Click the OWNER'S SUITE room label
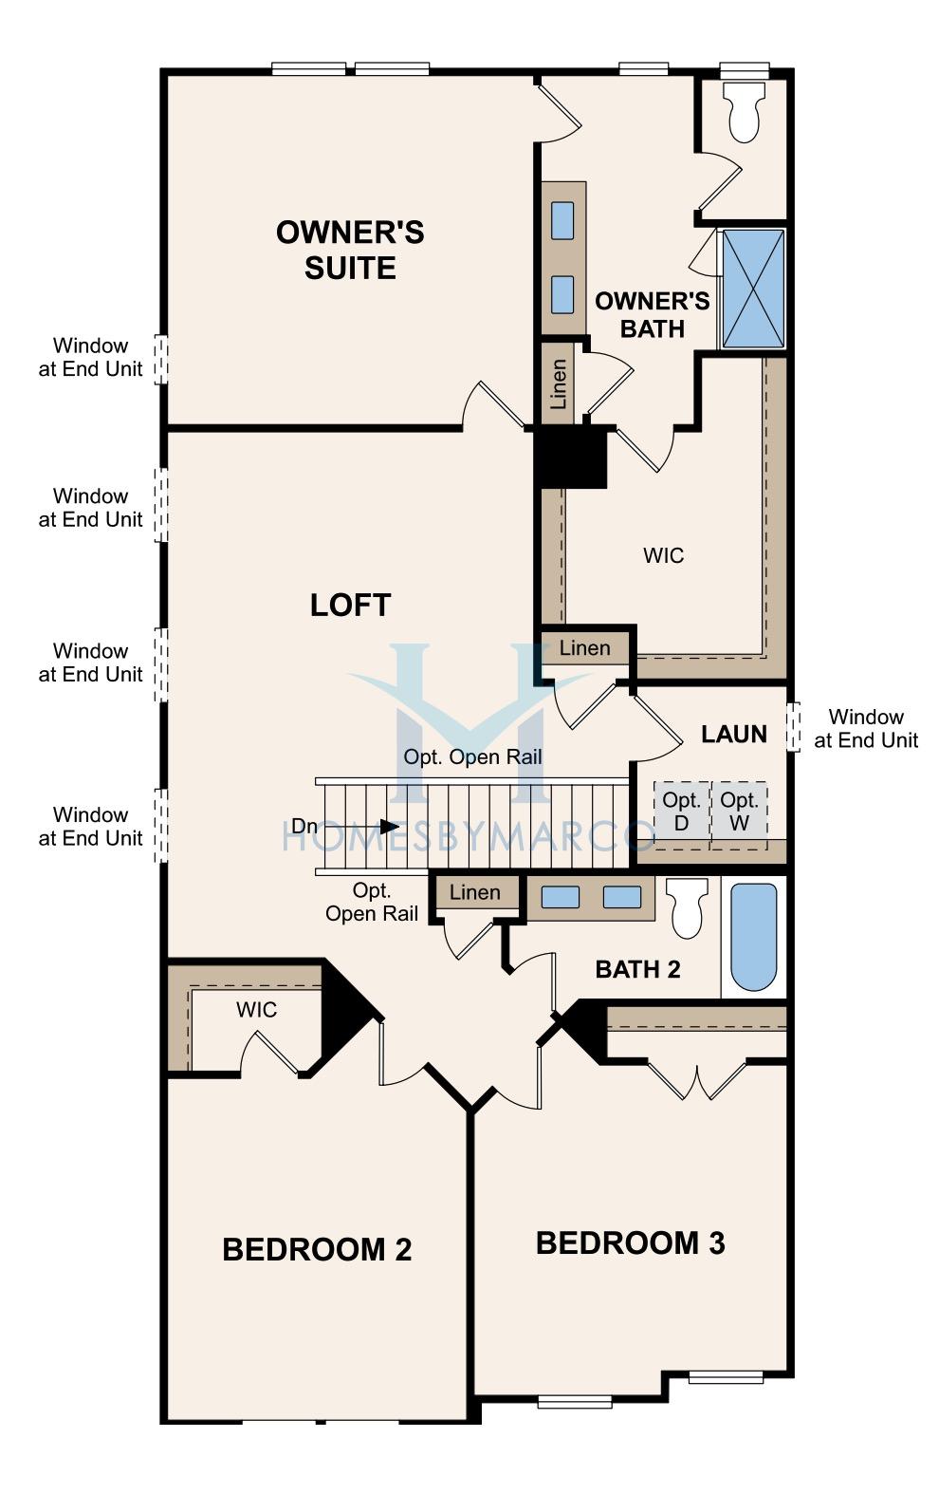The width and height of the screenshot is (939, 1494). point(350,251)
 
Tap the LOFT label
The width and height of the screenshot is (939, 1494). point(351,605)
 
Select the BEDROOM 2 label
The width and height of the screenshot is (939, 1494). point(317,1249)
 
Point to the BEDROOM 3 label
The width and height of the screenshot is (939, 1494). point(631,1242)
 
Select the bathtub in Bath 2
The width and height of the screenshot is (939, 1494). point(754,937)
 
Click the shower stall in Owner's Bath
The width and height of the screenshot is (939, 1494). point(753,289)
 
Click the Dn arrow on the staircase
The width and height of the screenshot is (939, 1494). point(384,827)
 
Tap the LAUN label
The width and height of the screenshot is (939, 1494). point(734,735)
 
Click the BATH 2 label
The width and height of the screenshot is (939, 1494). point(637,969)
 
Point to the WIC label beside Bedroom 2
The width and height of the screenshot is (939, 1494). point(256,1010)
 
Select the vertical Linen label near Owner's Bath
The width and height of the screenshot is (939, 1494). point(559,384)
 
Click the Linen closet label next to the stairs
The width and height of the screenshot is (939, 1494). point(474,892)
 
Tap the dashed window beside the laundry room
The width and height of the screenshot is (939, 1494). point(792,727)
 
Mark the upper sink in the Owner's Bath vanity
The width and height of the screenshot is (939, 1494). point(562,220)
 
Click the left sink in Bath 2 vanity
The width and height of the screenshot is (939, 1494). point(560,897)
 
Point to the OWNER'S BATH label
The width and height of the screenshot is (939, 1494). point(652,315)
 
